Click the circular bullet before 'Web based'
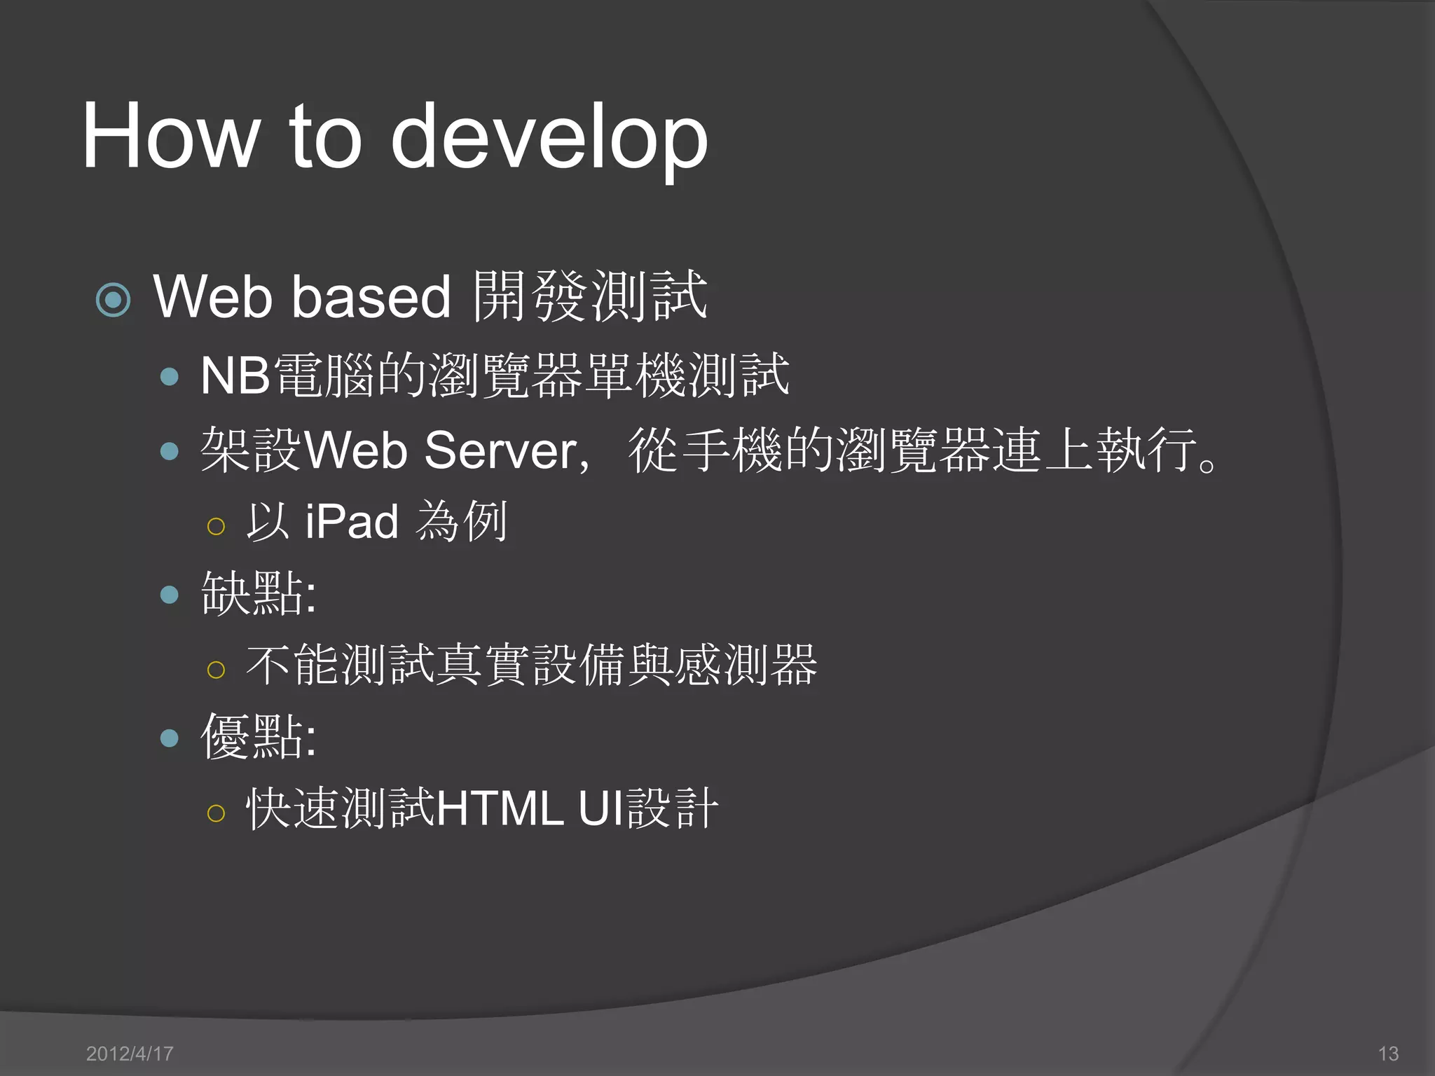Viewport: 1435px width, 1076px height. pyautogui.click(x=113, y=300)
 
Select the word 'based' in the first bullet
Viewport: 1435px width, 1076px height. pyautogui.click(x=371, y=297)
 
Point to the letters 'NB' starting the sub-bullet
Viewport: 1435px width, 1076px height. pyautogui.click(x=235, y=376)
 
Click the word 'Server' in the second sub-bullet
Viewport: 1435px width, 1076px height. pyautogui.click(x=502, y=450)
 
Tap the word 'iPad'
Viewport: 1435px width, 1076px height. pyautogui.click(x=352, y=522)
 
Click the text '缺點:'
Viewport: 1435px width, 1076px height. pyautogui.click(x=259, y=594)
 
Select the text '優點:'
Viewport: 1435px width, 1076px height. pyautogui.click(x=259, y=737)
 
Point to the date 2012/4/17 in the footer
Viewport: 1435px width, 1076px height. pyautogui.click(x=130, y=1054)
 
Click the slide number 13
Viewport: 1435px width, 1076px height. pyautogui.click(x=1388, y=1054)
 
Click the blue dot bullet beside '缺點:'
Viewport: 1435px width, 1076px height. pyautogui.click(x=170, y=595)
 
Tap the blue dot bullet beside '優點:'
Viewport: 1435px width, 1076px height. pyautogui.click(x=170, y=738)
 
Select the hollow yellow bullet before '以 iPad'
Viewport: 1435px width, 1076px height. pyautogui.click(x=216, y=526)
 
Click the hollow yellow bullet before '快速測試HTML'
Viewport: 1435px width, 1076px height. pyautogui.click(x=216, y=813)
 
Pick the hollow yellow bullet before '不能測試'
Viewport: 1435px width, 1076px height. pyautogui.click(x=216, y=670)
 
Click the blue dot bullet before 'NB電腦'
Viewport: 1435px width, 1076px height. pyautogui.click(x=170, y=378)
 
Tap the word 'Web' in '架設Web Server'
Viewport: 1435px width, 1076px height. pyautogui.click(x=356, y=450)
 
